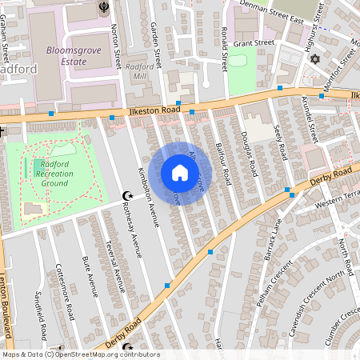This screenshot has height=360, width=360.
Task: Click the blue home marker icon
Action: click(x=180, y=173)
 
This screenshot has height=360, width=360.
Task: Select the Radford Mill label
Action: click(x=141, y=72)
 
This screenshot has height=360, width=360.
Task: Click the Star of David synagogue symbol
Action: click(x=314, y=59)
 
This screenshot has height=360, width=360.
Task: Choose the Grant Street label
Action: click(x=254, y=42)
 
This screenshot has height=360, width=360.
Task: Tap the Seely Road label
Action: click(x=280, y=142)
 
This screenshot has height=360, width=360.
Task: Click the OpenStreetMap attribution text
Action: click(x=80, y=354)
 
